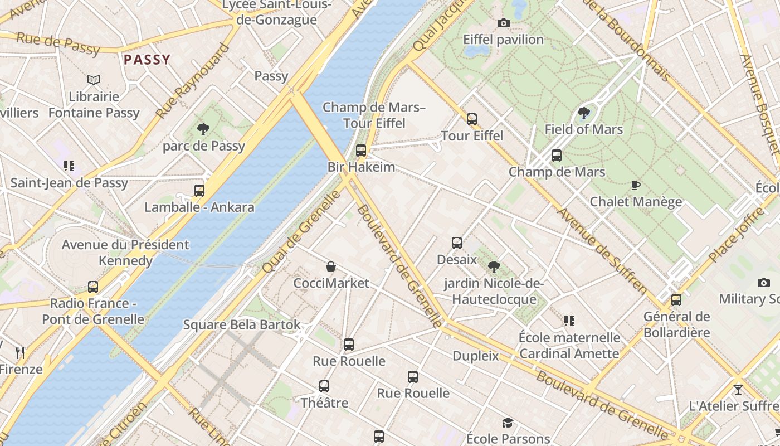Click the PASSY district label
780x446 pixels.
[x=147, y=60]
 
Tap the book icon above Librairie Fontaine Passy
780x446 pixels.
[x=94, y=80]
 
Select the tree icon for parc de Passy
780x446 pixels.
[x=203, y=129]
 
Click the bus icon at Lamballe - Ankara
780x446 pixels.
[x=199, y=191]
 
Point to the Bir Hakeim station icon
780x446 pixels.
[x=361, y=151]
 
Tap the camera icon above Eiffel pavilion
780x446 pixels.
[x=503, y=23]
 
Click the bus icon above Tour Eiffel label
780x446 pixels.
[x=472, y=119]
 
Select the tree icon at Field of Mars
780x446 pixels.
[x=583, y=113]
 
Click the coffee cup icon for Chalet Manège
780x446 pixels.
[x=635, y=185]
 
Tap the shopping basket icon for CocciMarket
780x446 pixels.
[x=331, y=266]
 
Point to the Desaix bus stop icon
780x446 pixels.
[x=457, y=243]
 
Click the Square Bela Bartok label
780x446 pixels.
[x=242, y=324]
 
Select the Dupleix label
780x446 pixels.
[x=475, y=356]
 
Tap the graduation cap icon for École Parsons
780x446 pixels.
[x=508, y=423]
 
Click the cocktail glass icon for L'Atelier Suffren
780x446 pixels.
[x=738, y=389]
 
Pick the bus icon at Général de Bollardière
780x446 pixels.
[x=676, y=300]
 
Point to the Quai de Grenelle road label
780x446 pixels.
[x=301, y=231]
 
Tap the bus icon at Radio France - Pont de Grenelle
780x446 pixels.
[x=93, y=287]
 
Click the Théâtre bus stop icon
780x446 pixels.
[x=324, y=386]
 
